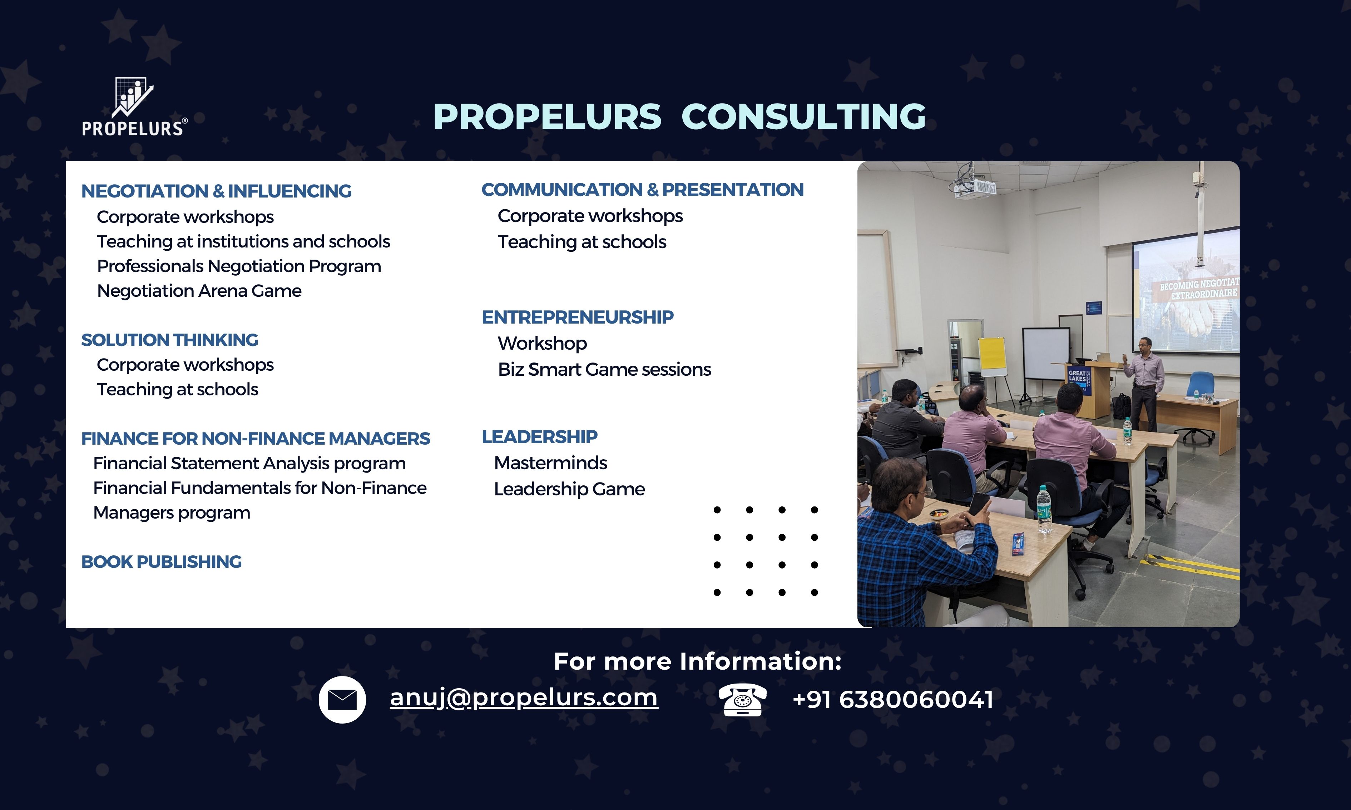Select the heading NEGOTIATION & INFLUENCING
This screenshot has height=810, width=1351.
point(216,191)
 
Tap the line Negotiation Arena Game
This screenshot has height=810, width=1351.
point(199,291)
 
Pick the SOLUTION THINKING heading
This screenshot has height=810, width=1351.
point(169,340)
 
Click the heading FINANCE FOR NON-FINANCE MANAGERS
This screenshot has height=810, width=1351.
point(256,438)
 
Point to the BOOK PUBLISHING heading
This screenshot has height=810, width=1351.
point(161,562)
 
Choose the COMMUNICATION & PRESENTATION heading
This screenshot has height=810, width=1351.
point(642,189)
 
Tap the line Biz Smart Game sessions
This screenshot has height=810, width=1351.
point(604,370)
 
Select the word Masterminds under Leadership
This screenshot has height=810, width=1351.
point(550,463)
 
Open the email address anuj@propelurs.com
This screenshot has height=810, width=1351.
point(524,697)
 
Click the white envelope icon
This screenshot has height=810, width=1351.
point(342,699)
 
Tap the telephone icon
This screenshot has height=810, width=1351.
point(742,699)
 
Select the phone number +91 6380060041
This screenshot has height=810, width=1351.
point(893,699)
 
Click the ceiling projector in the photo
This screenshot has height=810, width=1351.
point(974,186)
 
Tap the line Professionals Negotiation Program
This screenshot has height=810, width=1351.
point(239,266)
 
